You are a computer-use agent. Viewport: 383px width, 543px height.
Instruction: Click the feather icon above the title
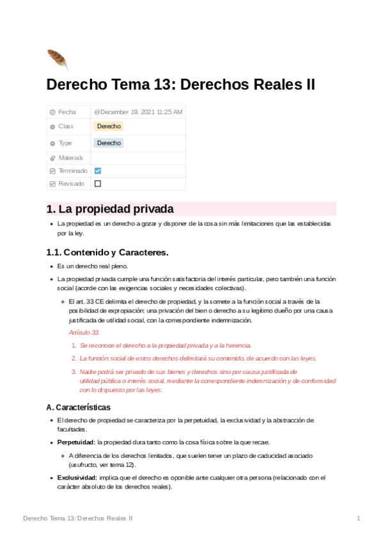click(x=57, y=59)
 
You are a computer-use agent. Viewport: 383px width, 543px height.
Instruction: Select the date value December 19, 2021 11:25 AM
click(x=138, y=112)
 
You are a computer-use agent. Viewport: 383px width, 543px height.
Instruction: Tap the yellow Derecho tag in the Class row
click(x=109, y=126)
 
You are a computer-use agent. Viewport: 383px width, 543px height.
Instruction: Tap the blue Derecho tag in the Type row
click(x=109, y=143)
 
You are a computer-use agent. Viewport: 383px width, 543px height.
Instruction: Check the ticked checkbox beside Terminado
click(x=98, y=170)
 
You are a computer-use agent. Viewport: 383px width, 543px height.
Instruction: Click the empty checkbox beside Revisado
click(x=98, y=183)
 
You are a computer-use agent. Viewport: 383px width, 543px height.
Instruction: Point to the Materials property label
click(x=70, y=158)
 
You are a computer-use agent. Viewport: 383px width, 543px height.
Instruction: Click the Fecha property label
click(x=66, y=112)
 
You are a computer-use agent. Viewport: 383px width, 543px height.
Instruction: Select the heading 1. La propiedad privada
click(x=110, y=209)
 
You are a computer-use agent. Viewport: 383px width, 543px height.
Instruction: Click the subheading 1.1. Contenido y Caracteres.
click(x=107, y=252)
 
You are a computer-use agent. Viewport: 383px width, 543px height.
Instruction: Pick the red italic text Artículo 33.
click(x=84, y=333)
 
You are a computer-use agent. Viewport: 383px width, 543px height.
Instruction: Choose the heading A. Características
click(x=79, y=407)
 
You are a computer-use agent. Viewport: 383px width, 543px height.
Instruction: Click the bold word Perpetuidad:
click(x=76, y=442)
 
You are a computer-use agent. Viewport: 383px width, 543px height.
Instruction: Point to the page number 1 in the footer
click(x=358, y=517)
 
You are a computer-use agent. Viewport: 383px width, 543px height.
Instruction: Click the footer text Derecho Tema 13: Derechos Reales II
click(x=77, y=517)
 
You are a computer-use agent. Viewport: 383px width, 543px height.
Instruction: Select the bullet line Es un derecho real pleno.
click(x=93, y=266)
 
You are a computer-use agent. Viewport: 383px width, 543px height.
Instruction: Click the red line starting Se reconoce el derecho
click(x=165, y=345)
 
